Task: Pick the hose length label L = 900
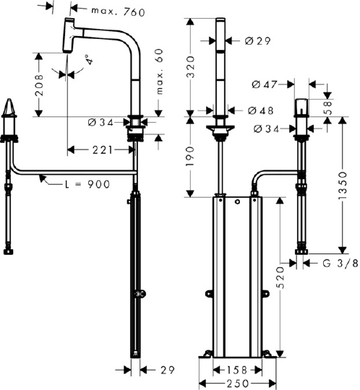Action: [x=87, y=184]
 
